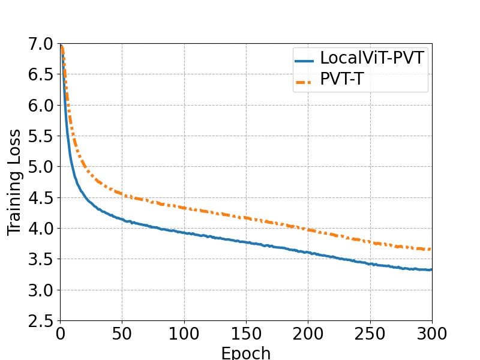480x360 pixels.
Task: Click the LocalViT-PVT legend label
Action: coord(372,58)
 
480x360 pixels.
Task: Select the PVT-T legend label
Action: coord(341,79)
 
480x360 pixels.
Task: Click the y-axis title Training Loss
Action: coord(14,182)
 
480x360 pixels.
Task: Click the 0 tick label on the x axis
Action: coord(60,334)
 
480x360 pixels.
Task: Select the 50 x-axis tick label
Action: coord(122,334)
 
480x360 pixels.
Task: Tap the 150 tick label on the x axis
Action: coord(246,334)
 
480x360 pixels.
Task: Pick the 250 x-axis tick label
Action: coord(370,334)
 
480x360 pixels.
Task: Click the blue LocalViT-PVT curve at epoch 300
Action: coord(431,269)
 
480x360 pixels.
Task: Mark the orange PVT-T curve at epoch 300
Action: coord(431,249)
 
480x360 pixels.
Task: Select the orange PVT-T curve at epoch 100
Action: coord(184,208)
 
